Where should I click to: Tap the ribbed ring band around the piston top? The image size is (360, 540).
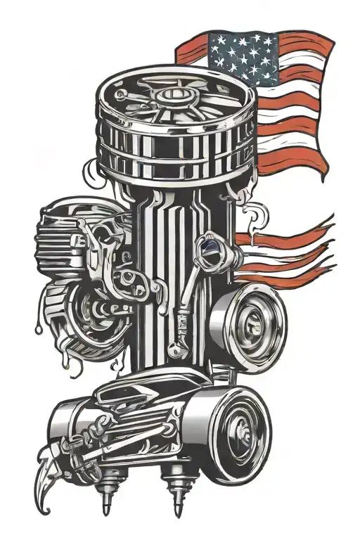tap(172, 151)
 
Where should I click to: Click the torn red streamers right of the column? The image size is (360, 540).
tap(288, 250)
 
